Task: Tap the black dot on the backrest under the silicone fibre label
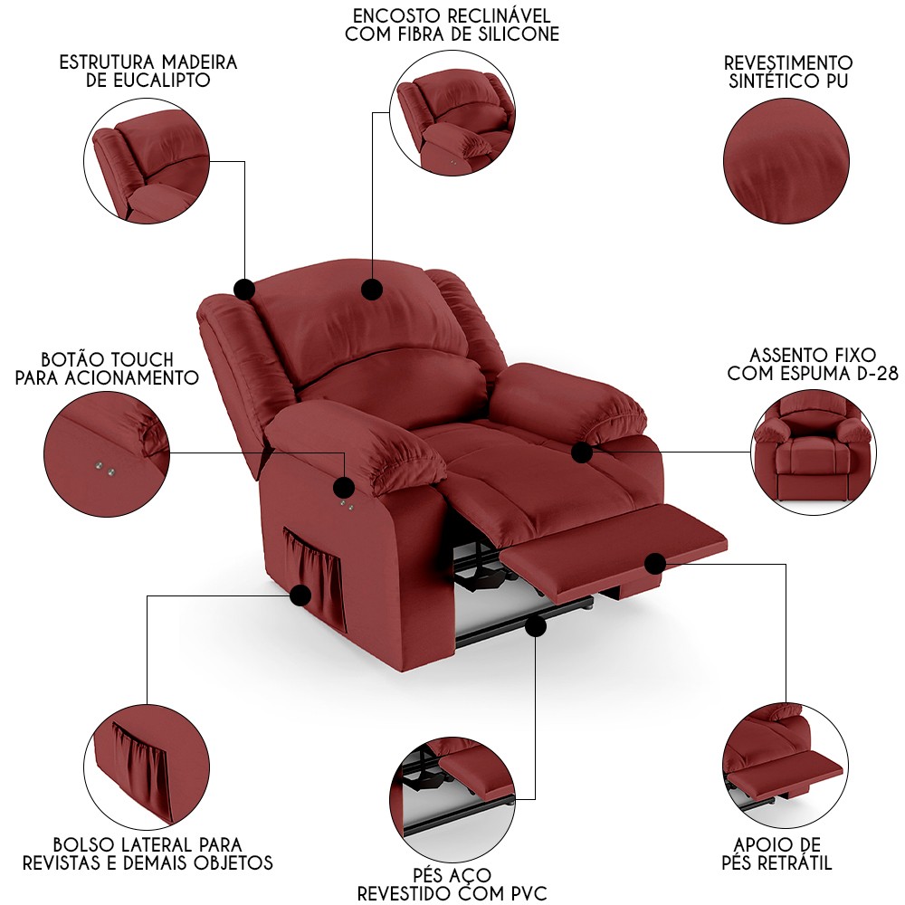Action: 372,290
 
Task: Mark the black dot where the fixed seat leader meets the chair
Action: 582,452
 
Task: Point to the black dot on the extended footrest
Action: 655,564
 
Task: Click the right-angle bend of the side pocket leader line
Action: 148,595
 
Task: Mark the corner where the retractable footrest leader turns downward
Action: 786,565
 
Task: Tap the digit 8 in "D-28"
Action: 891,374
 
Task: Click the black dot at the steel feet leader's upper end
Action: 536,626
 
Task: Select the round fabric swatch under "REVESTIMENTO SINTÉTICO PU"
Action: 786,161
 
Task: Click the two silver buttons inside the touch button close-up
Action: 106,469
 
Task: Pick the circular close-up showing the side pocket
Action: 147,767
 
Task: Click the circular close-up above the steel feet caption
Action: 452,799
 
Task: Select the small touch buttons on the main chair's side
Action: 347,506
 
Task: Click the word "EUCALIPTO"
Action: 148,81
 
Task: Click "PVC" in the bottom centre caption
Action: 525,894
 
